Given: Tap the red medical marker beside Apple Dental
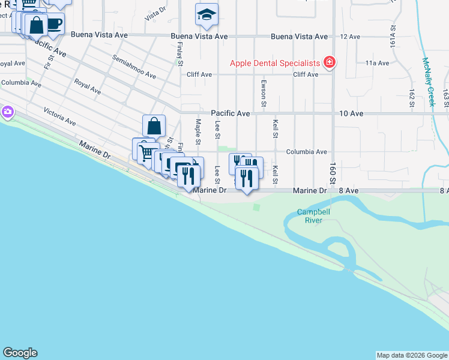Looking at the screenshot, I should (x=329, y=62).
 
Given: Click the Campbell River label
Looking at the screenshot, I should (x=313, y=216).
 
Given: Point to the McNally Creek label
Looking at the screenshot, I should (x=428, y=82).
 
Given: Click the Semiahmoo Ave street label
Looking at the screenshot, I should (x=134, y=67).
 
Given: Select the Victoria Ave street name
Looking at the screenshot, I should (x=59, y=116).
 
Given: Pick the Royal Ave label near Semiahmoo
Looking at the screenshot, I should (x=87, y=86).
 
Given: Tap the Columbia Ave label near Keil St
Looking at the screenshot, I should (x=306, y=152).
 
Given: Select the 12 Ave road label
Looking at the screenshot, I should (x=350, y=37).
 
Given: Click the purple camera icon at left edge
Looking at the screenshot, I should (x=7, y=112).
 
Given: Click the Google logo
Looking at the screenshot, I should (x=20, y=353).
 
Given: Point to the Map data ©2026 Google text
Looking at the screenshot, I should (x=412, y=355).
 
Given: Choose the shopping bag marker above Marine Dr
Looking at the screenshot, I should (x=154, y=125).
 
